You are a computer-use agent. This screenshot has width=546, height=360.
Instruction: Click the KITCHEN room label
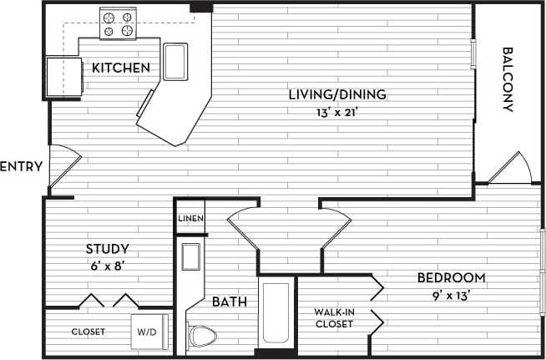121,68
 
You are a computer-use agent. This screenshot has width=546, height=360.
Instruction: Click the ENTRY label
21,167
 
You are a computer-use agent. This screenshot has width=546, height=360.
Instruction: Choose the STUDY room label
107,249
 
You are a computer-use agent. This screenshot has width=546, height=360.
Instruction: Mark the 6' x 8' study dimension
107,266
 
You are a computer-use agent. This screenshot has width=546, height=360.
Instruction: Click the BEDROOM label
452,277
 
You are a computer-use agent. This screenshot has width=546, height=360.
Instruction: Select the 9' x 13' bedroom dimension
452,294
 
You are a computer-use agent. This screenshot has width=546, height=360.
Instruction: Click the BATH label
228,302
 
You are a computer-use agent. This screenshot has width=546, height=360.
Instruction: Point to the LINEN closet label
190,219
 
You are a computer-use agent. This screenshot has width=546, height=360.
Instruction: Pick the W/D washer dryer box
147,331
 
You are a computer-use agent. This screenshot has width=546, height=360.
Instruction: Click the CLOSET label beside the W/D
88,332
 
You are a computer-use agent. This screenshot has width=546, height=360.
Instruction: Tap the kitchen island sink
177,61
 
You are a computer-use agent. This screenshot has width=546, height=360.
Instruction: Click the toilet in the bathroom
201,337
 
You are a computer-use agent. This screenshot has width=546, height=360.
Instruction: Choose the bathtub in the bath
276,314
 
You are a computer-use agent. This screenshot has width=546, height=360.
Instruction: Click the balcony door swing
509,170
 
